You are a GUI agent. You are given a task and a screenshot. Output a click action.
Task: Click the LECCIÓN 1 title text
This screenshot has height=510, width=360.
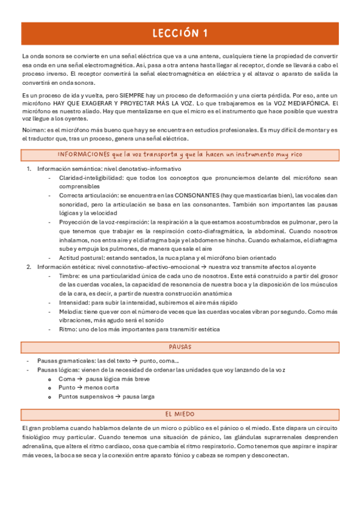[x=180, y=33]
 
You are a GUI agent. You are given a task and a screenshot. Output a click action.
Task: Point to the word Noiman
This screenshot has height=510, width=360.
[x=32, y=130]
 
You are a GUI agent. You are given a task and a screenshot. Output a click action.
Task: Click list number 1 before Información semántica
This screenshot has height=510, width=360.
[x=29, y=169]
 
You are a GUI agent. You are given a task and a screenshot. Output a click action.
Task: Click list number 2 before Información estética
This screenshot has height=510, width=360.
[x=29, y=266]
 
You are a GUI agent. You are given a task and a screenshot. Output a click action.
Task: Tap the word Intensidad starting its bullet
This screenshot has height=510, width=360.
[x=73, y=303]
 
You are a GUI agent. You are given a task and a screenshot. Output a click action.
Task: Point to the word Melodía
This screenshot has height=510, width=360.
[x=70, y=312]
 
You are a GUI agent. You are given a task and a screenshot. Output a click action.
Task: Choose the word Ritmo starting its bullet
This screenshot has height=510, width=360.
[x=67, y=329]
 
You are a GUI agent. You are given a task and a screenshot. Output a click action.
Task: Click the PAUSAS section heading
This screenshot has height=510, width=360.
[x=180, y=347]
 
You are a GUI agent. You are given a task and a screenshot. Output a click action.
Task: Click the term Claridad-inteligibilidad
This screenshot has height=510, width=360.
[x=90, y=178]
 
